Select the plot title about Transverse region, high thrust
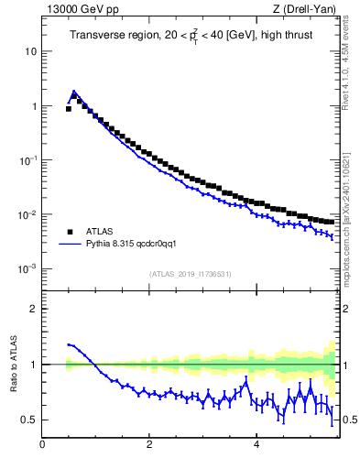point(191,36)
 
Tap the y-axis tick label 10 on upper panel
point(30,51)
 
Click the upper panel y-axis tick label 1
point(33,106)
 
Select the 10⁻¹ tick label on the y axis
point(28,160)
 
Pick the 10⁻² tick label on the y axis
point(28,214)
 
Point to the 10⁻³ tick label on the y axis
point(28,268)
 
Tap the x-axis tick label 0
point(42,445)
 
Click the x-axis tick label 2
point(148,445)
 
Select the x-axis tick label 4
point(256,445)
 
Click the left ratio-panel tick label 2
point(33,309)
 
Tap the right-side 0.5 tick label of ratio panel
point(349,420)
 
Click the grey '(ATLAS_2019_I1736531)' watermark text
point(191,274)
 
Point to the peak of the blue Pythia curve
point(73,91)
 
